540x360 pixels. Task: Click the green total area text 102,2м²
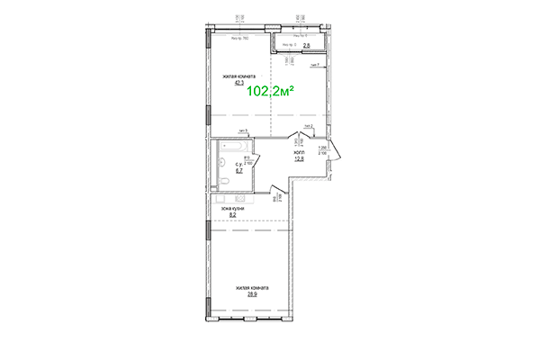tap(272, 91)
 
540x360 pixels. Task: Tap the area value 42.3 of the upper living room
tap(239, 85)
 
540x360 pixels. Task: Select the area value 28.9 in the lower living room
tap(252, 294)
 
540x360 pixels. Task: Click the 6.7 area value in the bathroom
tap(238, 169)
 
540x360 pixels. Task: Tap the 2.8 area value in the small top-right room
tap(306, 47)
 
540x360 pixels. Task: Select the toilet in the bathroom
tap(228, 184)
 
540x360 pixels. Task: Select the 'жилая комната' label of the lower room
tap(252, 288)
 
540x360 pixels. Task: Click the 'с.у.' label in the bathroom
tap(238, 164)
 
